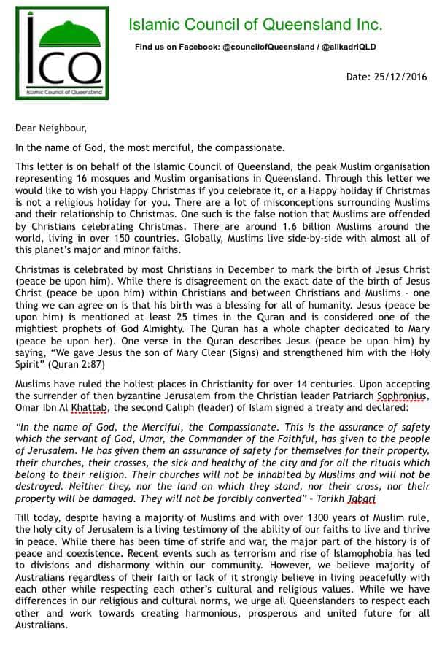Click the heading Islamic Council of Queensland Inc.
click(x=255, y=25)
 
